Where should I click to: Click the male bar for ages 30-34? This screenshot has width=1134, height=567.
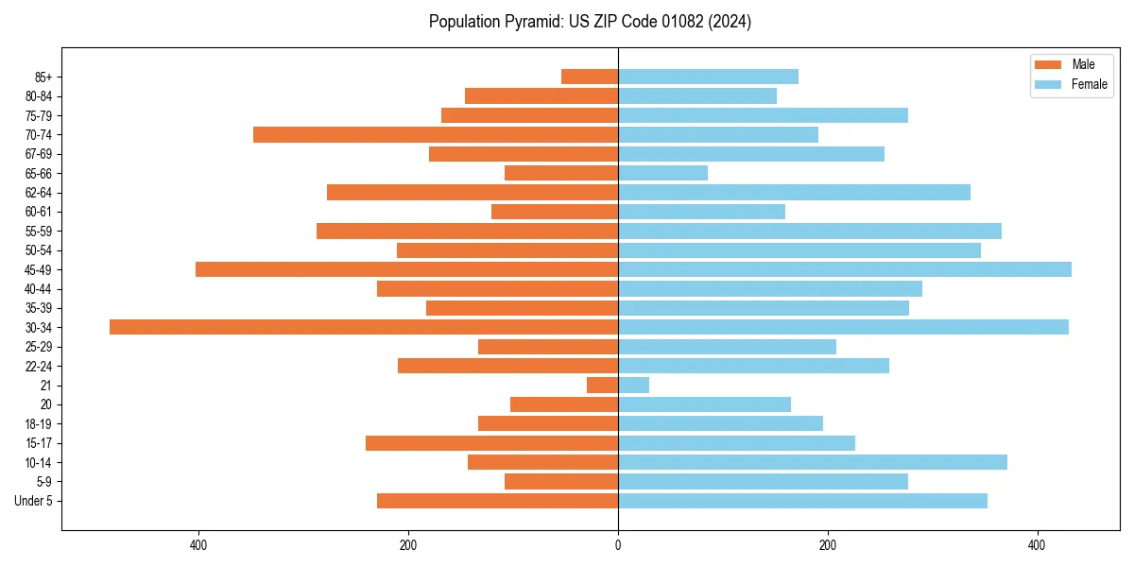click(364, 327)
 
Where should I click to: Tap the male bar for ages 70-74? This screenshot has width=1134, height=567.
click(436, 134)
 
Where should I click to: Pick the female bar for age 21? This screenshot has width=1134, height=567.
click(634, 385)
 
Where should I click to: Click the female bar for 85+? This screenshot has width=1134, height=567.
click(708, 77)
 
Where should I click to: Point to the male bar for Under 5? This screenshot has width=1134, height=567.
click(497, 501)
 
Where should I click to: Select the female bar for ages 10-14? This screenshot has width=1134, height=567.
click(813, 462)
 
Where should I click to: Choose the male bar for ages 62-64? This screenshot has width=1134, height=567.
click(472, 192)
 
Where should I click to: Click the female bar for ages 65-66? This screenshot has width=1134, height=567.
click(662, 173)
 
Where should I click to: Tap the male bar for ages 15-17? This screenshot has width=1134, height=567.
click(491, 442)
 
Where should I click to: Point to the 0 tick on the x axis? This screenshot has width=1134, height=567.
click(618, 545)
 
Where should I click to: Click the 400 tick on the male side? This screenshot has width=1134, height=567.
click(198, 545)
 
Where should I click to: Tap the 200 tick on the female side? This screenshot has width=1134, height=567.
click(828, 545)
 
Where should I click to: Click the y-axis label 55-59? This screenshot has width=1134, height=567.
click(39, 231)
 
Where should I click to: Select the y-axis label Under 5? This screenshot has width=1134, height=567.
click(34, 501)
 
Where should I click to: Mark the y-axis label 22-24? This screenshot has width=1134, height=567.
click(39, 366)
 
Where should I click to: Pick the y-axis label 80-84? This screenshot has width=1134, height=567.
click(39, 95)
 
